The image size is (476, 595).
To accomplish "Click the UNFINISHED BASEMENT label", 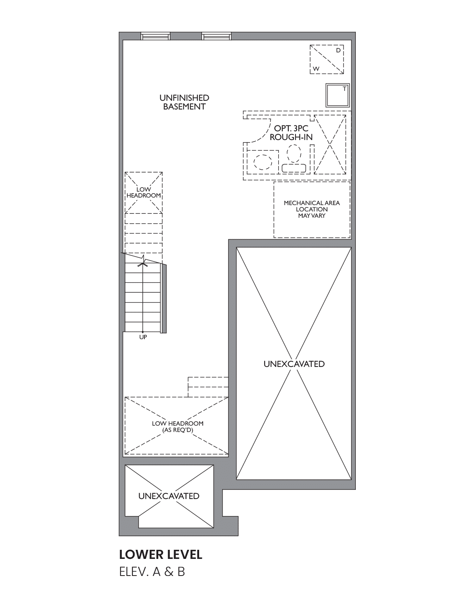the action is point(184,102).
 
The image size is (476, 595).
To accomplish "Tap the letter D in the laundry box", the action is point(338,50).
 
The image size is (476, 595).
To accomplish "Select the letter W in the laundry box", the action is point(316,69).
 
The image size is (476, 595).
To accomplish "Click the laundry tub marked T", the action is point(338,95).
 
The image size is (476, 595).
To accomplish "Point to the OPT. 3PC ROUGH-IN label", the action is point(291,133).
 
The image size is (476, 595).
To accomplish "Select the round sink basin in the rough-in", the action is point(263,162).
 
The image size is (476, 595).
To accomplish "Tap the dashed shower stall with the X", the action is point(330,144).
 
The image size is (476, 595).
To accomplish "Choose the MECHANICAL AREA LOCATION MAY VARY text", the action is point(312,209).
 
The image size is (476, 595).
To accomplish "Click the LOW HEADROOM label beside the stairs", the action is point(144,192).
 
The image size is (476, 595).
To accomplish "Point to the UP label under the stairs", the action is point(143,337).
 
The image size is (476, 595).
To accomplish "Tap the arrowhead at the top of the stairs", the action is point(143,264).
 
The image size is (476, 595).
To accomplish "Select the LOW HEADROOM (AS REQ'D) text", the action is point(178,427).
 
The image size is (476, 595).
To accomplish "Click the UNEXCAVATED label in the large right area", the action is point(294,364).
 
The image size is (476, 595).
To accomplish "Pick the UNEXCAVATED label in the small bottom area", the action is point(169,496).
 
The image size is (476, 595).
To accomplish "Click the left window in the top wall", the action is point(155,36).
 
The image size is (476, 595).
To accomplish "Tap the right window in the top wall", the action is point(216,36).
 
